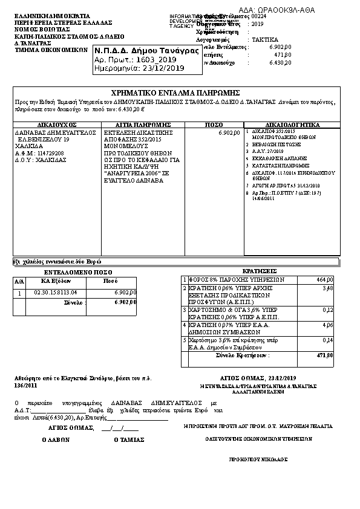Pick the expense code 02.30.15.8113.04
point(56,293)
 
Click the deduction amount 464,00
point(324,280)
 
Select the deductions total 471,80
point(325,355)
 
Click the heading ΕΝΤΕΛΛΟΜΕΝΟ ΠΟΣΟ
point(69,273)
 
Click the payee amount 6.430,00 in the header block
point(280,62)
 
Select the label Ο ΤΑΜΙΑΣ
point(129,441)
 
